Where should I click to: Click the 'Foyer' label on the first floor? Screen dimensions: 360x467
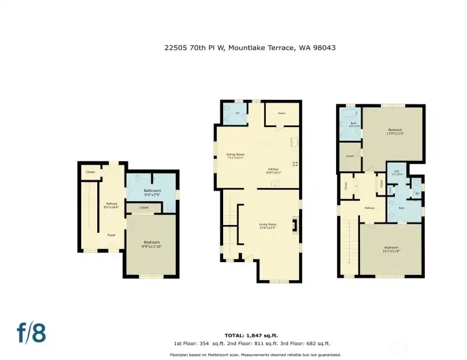(111, 235)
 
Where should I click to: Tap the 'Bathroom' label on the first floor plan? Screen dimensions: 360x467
(152, 191)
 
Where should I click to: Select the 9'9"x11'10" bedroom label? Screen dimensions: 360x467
(152, 244)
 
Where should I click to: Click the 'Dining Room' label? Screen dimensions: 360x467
(234, 156)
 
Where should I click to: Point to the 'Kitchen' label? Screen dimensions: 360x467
(272, 171)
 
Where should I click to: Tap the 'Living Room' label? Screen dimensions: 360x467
(268, 226)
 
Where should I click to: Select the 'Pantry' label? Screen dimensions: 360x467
(282, 113)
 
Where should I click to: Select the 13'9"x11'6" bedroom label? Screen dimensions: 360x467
(394, 131)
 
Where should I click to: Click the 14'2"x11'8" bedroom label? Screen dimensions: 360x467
(390, 249)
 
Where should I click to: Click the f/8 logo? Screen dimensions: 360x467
(32, 333)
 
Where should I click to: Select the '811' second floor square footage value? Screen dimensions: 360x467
(269, 344)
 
